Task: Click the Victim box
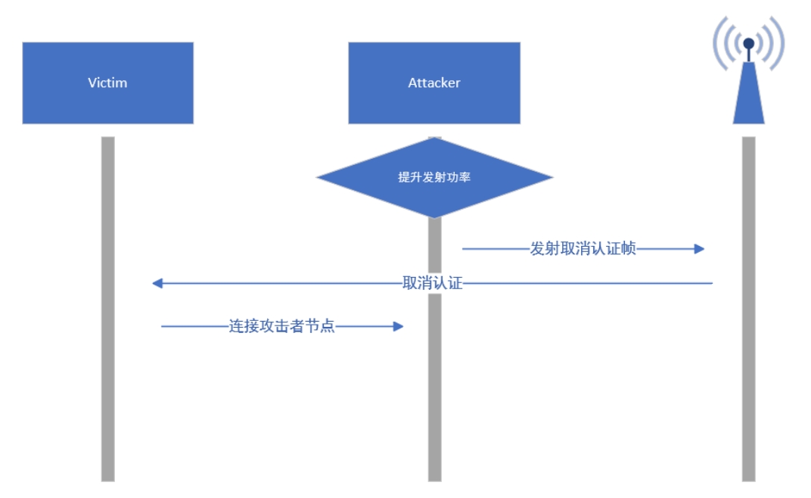pyautogui.click(x=107, y=82)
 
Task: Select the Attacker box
pyautogui.click(x=433, y=82)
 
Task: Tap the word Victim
pyautogui.click(x=107, y=82)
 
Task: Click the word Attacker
pyautogui.click(x=433, y=82)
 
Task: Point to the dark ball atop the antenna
pyautogui.click(x=748, y=43)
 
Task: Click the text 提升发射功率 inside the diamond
pyautogui.click(x=434, y=178)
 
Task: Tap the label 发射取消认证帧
pyautogui.click(x=583, y=249)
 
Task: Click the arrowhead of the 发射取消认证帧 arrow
pyautogui.click(x=700, y=248)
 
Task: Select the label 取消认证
pyautogui.click(x=432, y=284)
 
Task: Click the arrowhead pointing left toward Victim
pyautogui.click(x=157, y=283)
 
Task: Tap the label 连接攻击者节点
pyautogui.click(x=281, y=327)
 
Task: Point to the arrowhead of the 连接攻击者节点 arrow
pyautogui.click(x=399, y=326)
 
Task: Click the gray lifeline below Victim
pyautogui.click(x=107, y=378)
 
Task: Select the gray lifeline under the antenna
pyautogui.click(x=748, y=378)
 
